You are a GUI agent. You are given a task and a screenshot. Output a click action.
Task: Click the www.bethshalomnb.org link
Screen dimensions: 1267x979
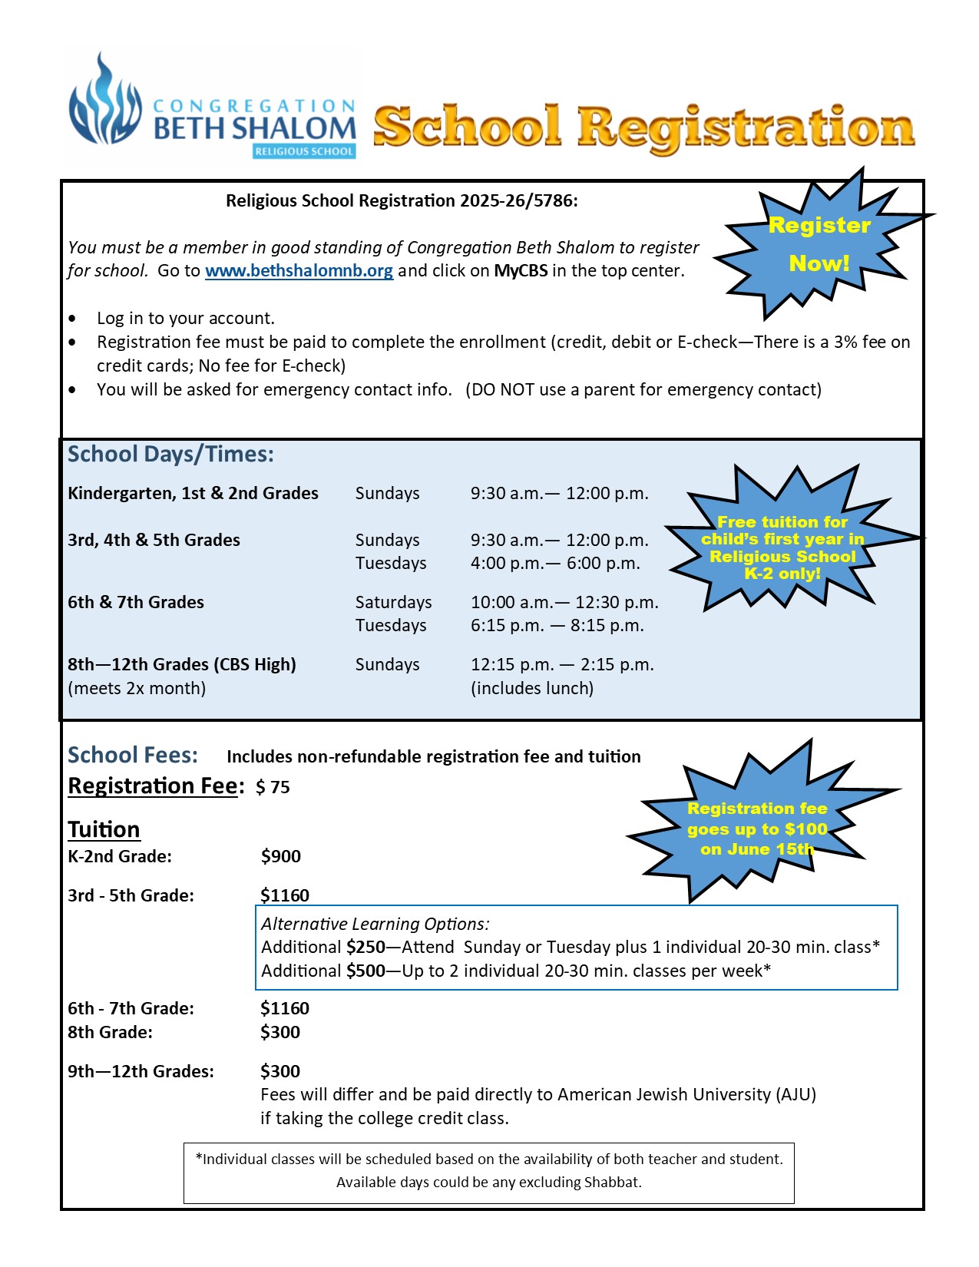pyautogui.click(x=299, y=271)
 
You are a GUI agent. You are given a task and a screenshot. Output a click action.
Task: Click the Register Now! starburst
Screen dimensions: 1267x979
pyautogui.click(x=819, y=244)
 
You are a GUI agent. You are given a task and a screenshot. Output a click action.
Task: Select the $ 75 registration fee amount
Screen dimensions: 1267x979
pyautogui.click(x=273, y=787)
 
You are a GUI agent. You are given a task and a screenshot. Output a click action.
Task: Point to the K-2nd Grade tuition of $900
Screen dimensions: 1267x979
pyautogui.click(x=281, y=856)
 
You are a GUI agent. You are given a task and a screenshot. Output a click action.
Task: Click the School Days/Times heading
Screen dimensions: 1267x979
pyautogui.click(x=170, y=454)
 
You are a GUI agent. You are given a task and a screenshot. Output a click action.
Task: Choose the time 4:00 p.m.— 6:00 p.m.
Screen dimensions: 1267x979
pyautogui.click(x=555, y=563)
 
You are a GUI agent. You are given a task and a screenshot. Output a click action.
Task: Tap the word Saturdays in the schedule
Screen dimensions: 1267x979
pyautogui.click(x=393, y=602)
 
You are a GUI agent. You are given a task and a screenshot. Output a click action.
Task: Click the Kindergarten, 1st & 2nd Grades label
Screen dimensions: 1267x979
pyautogui.click(x=193, y=493)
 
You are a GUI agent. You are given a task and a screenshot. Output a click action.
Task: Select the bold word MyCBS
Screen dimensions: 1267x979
pyautogui.click(x=521, y=271)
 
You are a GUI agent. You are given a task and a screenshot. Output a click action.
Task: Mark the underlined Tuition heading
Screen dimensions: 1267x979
pyautogui.click(x=104, y=829)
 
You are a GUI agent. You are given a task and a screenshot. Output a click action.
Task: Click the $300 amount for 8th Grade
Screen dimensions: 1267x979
pyautogui.click(x=280, y=1032)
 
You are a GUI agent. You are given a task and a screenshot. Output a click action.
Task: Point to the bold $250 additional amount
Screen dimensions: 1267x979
pyautogui.click(x=365, y=947)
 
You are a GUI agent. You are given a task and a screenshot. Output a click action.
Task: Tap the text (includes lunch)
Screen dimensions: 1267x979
pyautogui.click(x=532, y=688)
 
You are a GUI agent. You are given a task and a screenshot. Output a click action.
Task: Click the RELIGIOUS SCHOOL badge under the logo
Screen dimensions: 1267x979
pyautogui.click(x=304, y=151)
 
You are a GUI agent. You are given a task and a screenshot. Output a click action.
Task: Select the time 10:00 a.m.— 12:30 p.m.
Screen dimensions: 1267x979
pyautogui.click(x=564, y=602)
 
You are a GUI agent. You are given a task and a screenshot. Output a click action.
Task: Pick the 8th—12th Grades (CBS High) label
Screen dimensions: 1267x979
pyautogui.click(x=182, y=664)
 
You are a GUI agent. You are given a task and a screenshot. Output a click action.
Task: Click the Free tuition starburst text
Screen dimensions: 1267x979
pyautogui.click(x=782, y=547)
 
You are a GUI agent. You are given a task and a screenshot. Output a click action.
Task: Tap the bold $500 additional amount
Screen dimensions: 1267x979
pyautogui.click(x=365, y=971)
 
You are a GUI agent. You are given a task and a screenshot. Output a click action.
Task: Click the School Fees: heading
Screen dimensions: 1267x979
pyautogui.click(x=133, y=755)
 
